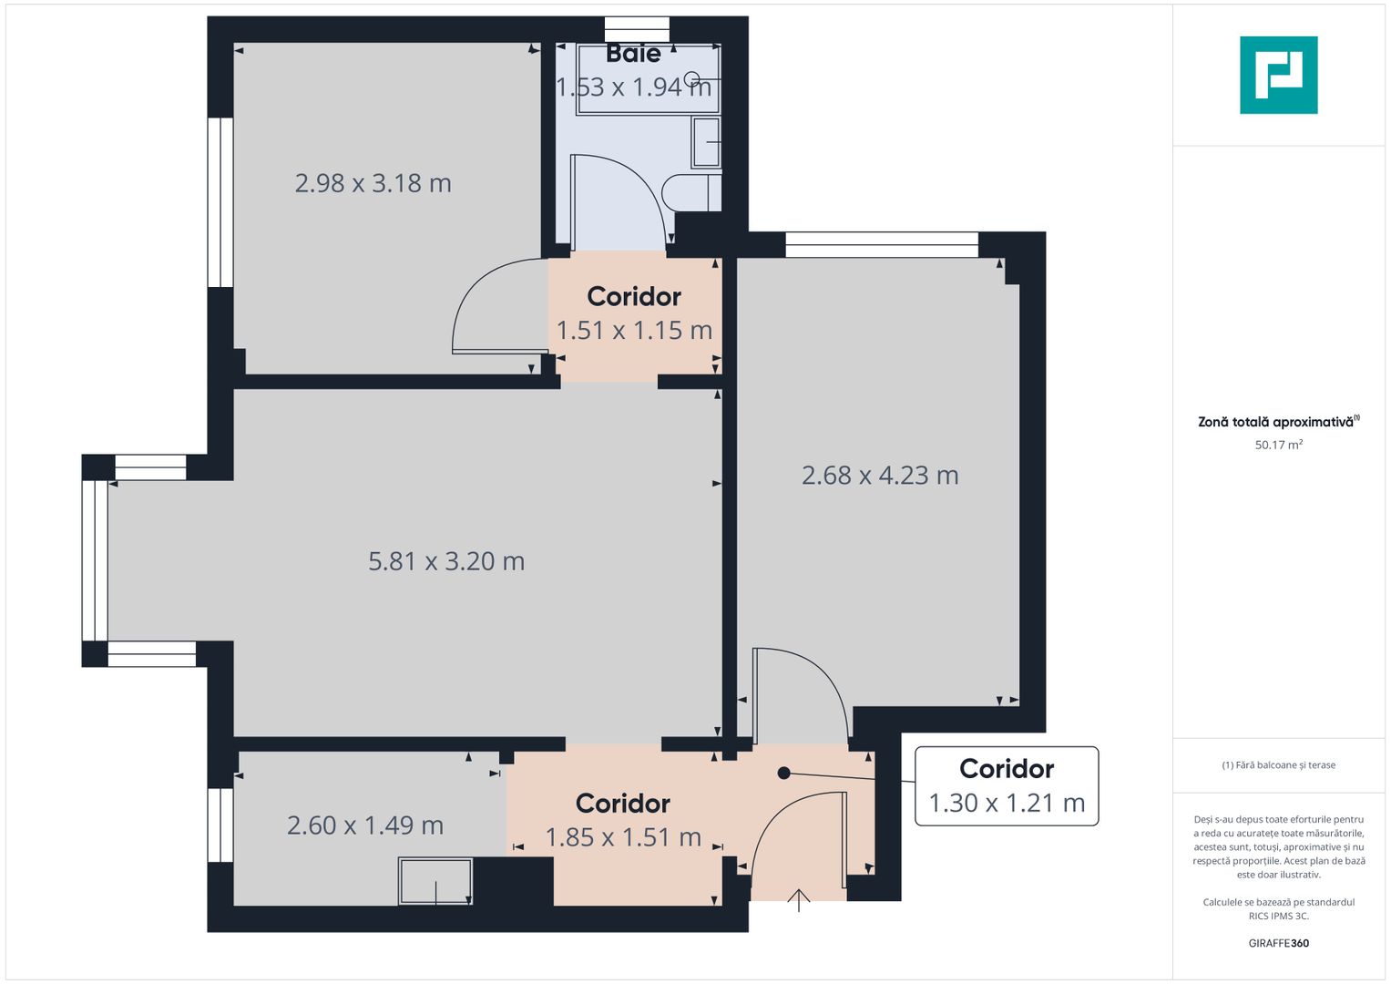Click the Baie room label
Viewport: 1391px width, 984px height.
633,54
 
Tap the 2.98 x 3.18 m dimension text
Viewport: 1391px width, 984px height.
373,183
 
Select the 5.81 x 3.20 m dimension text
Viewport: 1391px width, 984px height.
446,561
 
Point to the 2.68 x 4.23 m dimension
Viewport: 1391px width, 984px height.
880,476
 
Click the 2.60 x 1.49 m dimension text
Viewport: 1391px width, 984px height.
365,825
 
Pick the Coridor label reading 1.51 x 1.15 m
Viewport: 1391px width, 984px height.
634,313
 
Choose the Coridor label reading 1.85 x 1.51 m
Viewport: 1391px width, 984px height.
623,820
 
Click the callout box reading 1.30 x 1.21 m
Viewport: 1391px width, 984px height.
1007,786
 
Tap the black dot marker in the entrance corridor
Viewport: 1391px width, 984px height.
783,774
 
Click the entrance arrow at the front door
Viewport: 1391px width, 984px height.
799,900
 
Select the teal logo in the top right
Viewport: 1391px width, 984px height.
1278,75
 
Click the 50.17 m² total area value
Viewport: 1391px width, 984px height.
1278,446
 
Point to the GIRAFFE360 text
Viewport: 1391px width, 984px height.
1278,943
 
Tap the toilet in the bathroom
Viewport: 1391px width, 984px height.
690,193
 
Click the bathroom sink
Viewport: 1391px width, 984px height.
706,142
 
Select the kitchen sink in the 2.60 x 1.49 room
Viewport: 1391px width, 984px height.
435,881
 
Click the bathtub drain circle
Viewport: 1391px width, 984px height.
691,79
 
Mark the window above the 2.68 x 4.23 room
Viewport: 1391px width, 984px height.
881,244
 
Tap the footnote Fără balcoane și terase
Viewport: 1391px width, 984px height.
1278,765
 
